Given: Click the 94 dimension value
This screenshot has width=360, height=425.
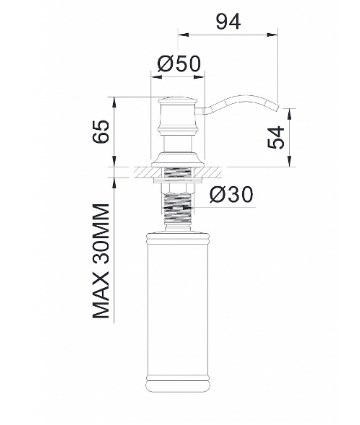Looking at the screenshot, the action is [x=228, y=22].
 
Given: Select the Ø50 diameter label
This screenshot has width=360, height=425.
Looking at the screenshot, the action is [x=179, y=64].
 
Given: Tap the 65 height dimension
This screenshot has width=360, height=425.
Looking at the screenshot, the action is [x=100, y=131].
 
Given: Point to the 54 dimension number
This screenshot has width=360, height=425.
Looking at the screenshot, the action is [x=276, y=137].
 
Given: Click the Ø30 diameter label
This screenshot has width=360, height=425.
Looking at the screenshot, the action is [x=231, y=195].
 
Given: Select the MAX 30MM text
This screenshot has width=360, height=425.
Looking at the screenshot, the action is [x=100, y=261].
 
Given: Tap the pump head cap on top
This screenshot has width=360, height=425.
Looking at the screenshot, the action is [x=177, y=100].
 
